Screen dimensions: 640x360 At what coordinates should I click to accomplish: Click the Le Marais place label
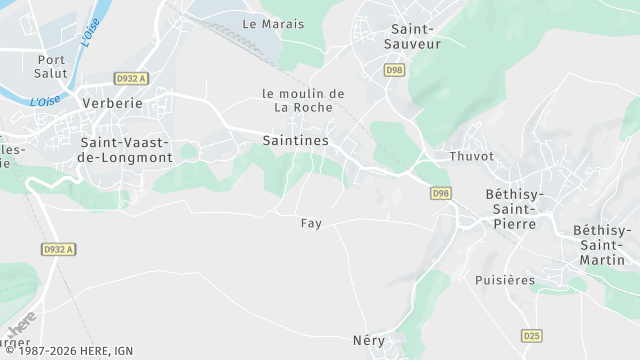[x=273, y=23]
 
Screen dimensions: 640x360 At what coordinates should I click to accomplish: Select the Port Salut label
[x=49, y=67]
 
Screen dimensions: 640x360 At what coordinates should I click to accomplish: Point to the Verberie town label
[x=111, y=103]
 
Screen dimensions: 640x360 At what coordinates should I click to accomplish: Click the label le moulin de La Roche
[x=303, y=100]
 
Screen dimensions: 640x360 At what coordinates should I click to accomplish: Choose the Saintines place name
[x=295, y=141]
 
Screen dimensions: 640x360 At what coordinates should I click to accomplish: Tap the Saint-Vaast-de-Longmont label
[x=126, y=150]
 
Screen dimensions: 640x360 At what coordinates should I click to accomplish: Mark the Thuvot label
[x=471, y=156]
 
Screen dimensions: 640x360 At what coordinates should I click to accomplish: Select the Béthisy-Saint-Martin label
[x=603, y=245]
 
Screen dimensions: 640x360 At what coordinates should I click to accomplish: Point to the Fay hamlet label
[x=311, y=223]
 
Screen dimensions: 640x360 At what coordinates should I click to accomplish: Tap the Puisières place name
[x=505, y=280]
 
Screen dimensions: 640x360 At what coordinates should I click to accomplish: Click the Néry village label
[x=368, y=340]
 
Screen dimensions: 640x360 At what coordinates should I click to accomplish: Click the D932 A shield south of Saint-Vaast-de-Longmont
[x=58, y=249]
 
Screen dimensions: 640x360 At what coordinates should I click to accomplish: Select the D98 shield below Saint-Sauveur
[x=395, y=69]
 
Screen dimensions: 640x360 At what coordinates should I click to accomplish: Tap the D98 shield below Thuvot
[x=441, y=193]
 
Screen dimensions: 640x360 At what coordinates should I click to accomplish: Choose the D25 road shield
[x=531, y=335]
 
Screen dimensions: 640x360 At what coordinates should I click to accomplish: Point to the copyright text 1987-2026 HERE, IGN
[x=69, y=352]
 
